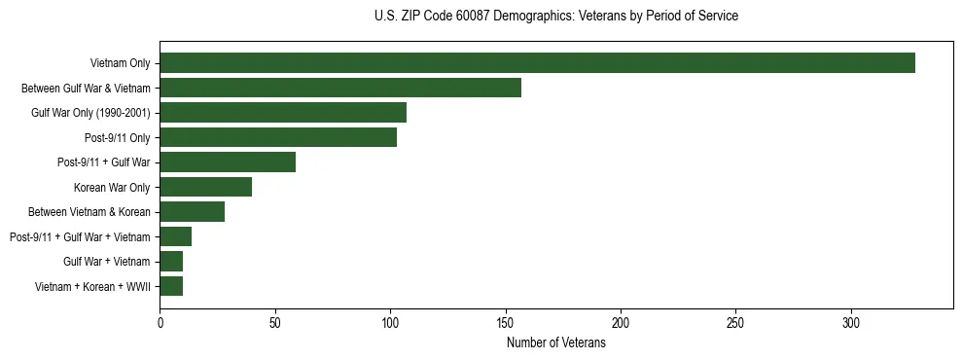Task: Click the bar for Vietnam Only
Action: tap(537, 62)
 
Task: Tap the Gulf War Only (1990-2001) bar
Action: tap(283, 112)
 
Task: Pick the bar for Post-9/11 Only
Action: tap(278, 137)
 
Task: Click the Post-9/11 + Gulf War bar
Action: tap(228, 162)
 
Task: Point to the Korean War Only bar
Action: tap(206, 187)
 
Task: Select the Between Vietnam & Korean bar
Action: tap(193, 212)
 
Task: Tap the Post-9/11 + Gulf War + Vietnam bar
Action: tap(176, 236)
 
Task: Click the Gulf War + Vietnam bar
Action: tap(171, 262)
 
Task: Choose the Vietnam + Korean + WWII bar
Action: tap(171, 286)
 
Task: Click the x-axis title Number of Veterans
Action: tap(556, 342)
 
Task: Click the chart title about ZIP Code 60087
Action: tap(556, 17)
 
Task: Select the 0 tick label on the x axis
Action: tap(160, 322)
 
